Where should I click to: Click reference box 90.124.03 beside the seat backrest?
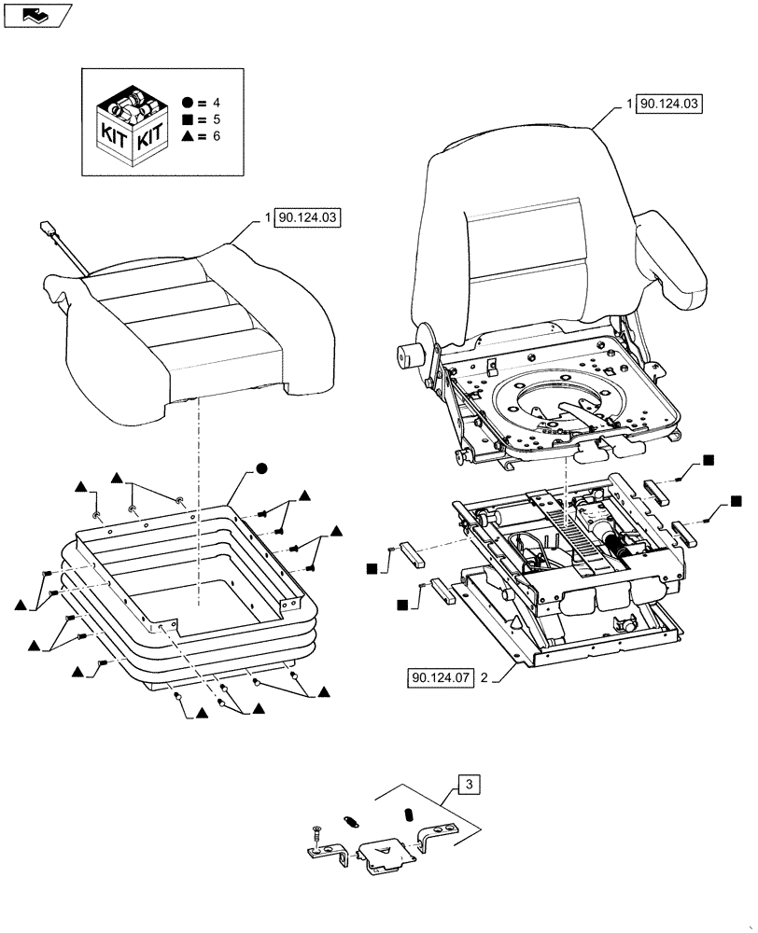[668, 104]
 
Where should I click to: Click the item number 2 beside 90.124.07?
[484, 677]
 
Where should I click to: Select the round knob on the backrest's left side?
[407, 356]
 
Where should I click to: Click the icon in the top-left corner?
[36, 14]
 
